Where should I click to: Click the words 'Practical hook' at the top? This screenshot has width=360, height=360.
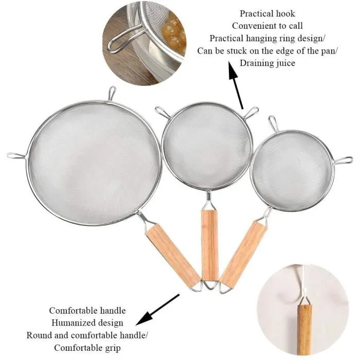(x=267, y=14)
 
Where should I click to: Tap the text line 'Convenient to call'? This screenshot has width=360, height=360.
(x=267, y=26)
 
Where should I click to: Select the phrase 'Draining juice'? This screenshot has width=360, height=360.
(x=267, y=63)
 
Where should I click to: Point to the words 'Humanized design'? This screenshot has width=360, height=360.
(x=87, y=323)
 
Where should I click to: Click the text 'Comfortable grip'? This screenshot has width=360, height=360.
(x=87, y=348)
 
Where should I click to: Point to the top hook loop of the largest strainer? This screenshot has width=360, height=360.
(x=112, y=93)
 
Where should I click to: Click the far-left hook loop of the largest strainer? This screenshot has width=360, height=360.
(x=16, y=156)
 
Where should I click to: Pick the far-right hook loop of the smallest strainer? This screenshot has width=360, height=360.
(x=343, y=160)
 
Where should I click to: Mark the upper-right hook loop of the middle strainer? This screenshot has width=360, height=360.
(x=251, y=112)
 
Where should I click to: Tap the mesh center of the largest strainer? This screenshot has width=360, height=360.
(x=94, y=163)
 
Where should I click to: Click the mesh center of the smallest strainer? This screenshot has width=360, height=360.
(x=292, y=171)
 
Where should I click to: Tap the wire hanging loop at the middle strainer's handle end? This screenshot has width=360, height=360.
(x=210, y=285)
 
